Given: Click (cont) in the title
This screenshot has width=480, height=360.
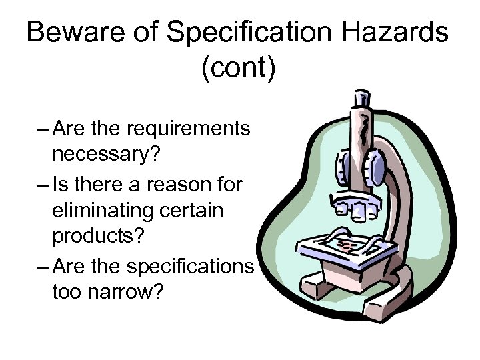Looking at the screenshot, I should pyautogui.click(x=237, y=69).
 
